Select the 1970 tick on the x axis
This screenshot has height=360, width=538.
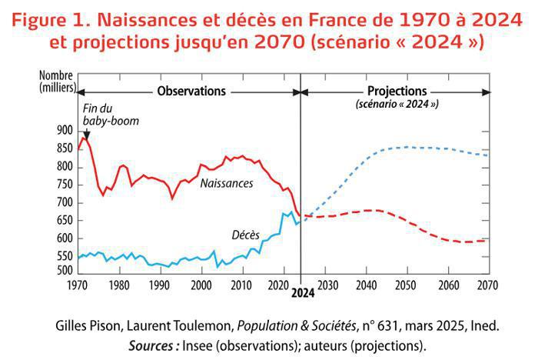(x=78, y=285)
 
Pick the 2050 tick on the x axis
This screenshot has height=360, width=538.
(x=404, y=285)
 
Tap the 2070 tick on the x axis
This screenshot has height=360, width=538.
(x=487, y=285)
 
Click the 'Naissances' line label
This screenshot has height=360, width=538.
(x=227, y=184)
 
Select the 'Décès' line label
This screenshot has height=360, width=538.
(x=245, y=234)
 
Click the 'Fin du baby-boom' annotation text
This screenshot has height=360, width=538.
(x=104, y=115)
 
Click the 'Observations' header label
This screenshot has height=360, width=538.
(x=191, y=91)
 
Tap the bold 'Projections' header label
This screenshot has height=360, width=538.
(x=396, y=91)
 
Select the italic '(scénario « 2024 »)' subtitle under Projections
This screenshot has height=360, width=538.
(x=397, y=103)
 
